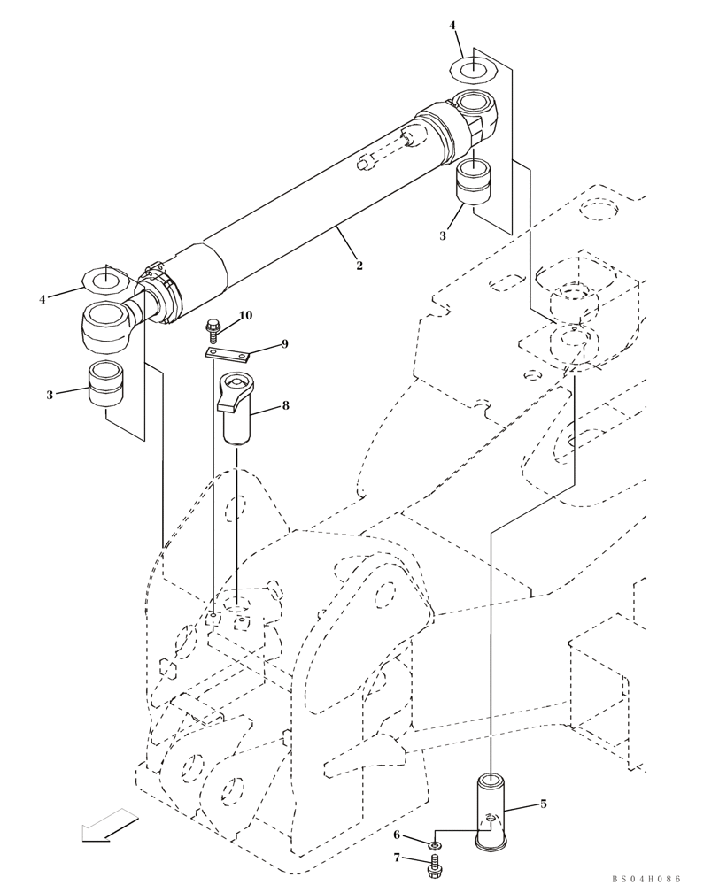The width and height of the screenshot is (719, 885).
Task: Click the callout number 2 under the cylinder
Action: pyautogui.click(x=359, y=265)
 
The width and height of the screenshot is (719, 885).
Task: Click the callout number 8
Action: pyautogui.click(x=285, y=405)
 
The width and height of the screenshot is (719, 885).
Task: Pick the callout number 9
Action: pyautogui.click(x=284, y=344)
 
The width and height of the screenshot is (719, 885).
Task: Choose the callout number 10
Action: pyautogui.click(x=245, y=315)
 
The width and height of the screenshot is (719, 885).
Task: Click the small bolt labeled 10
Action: pyautogui.click(x=213, y=330)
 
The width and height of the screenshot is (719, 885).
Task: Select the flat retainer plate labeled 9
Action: pyautogui.click(x=228, y=355)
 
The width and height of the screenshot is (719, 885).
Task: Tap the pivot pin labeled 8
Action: pyautogui.click(x=237, y=412)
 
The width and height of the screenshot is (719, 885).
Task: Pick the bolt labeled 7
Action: pyautogui.click(x=435, y=871)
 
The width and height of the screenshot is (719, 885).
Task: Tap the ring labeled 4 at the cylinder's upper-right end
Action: pyautogui.click(x=473, y=68)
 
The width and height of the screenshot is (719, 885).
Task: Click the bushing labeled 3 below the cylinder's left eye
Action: pyautogui.click(x=105, y=386)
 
